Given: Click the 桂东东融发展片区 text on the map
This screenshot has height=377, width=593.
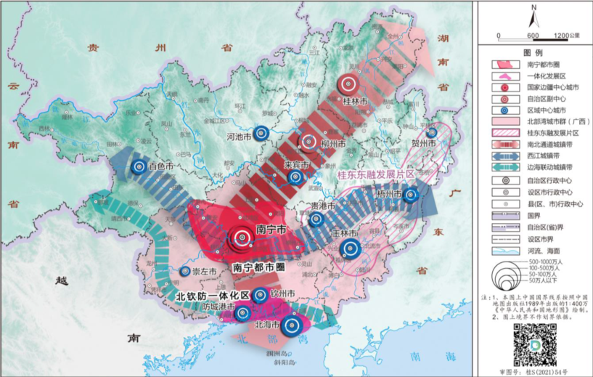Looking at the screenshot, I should [375, 175].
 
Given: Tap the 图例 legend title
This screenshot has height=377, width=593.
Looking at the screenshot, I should [533, 52].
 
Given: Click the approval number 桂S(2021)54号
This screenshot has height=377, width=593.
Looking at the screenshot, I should [533, 371].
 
